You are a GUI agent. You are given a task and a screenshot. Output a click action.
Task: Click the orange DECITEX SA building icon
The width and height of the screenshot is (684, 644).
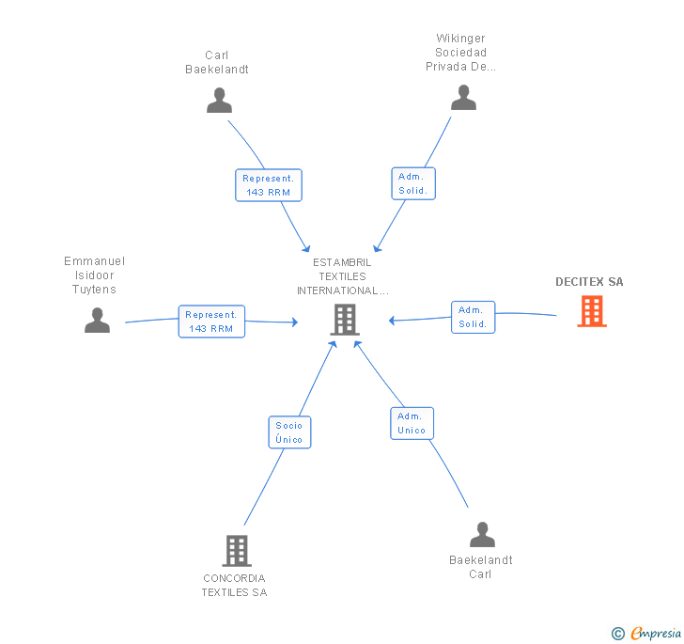coord(592,311)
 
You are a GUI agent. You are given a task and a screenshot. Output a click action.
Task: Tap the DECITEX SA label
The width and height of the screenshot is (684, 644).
coord(589,282)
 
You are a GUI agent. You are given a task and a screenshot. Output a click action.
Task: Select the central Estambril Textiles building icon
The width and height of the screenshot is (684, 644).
coord(345,320)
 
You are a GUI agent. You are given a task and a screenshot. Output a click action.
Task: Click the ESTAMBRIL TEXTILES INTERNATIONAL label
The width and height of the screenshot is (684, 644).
coord(342,276)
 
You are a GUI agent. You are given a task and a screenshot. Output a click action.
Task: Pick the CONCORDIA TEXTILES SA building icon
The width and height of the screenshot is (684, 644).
coord(237,551)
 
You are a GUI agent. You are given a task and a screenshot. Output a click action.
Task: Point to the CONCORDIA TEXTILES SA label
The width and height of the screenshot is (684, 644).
coord(234,586)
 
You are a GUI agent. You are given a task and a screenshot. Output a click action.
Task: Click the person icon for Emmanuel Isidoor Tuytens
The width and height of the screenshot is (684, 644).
coord(97,320)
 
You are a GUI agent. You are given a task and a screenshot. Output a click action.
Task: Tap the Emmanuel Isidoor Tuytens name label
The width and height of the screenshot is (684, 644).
coord(94,275)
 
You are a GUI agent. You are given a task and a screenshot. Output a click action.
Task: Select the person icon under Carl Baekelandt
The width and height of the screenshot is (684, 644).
coord(219,101)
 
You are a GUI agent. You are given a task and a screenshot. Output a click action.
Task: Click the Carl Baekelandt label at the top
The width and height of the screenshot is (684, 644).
coord(217,62)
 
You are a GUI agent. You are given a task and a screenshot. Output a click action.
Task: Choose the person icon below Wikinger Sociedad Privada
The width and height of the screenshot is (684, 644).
coord(463,98)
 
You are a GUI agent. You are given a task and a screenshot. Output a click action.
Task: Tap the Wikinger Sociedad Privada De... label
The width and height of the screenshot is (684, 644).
coord(460,53)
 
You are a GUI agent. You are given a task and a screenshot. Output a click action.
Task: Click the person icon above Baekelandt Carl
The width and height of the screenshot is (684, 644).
coord(482,534)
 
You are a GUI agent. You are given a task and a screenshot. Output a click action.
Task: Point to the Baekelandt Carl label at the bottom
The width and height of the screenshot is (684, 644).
coord(481,567)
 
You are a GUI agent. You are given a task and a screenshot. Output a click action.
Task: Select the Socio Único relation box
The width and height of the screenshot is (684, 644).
coord(289,432)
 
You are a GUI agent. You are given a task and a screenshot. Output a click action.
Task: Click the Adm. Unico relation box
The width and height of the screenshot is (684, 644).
coord(412,423)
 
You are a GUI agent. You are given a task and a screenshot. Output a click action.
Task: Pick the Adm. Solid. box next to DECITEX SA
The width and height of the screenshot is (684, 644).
coord(473,317)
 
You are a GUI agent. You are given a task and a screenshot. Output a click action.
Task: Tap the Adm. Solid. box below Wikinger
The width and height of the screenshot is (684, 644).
coord(413,183)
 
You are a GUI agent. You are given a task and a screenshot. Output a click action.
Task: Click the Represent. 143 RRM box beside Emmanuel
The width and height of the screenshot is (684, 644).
coord(211,322)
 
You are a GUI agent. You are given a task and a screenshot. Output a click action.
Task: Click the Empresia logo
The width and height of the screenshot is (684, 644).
coord(646,633)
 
